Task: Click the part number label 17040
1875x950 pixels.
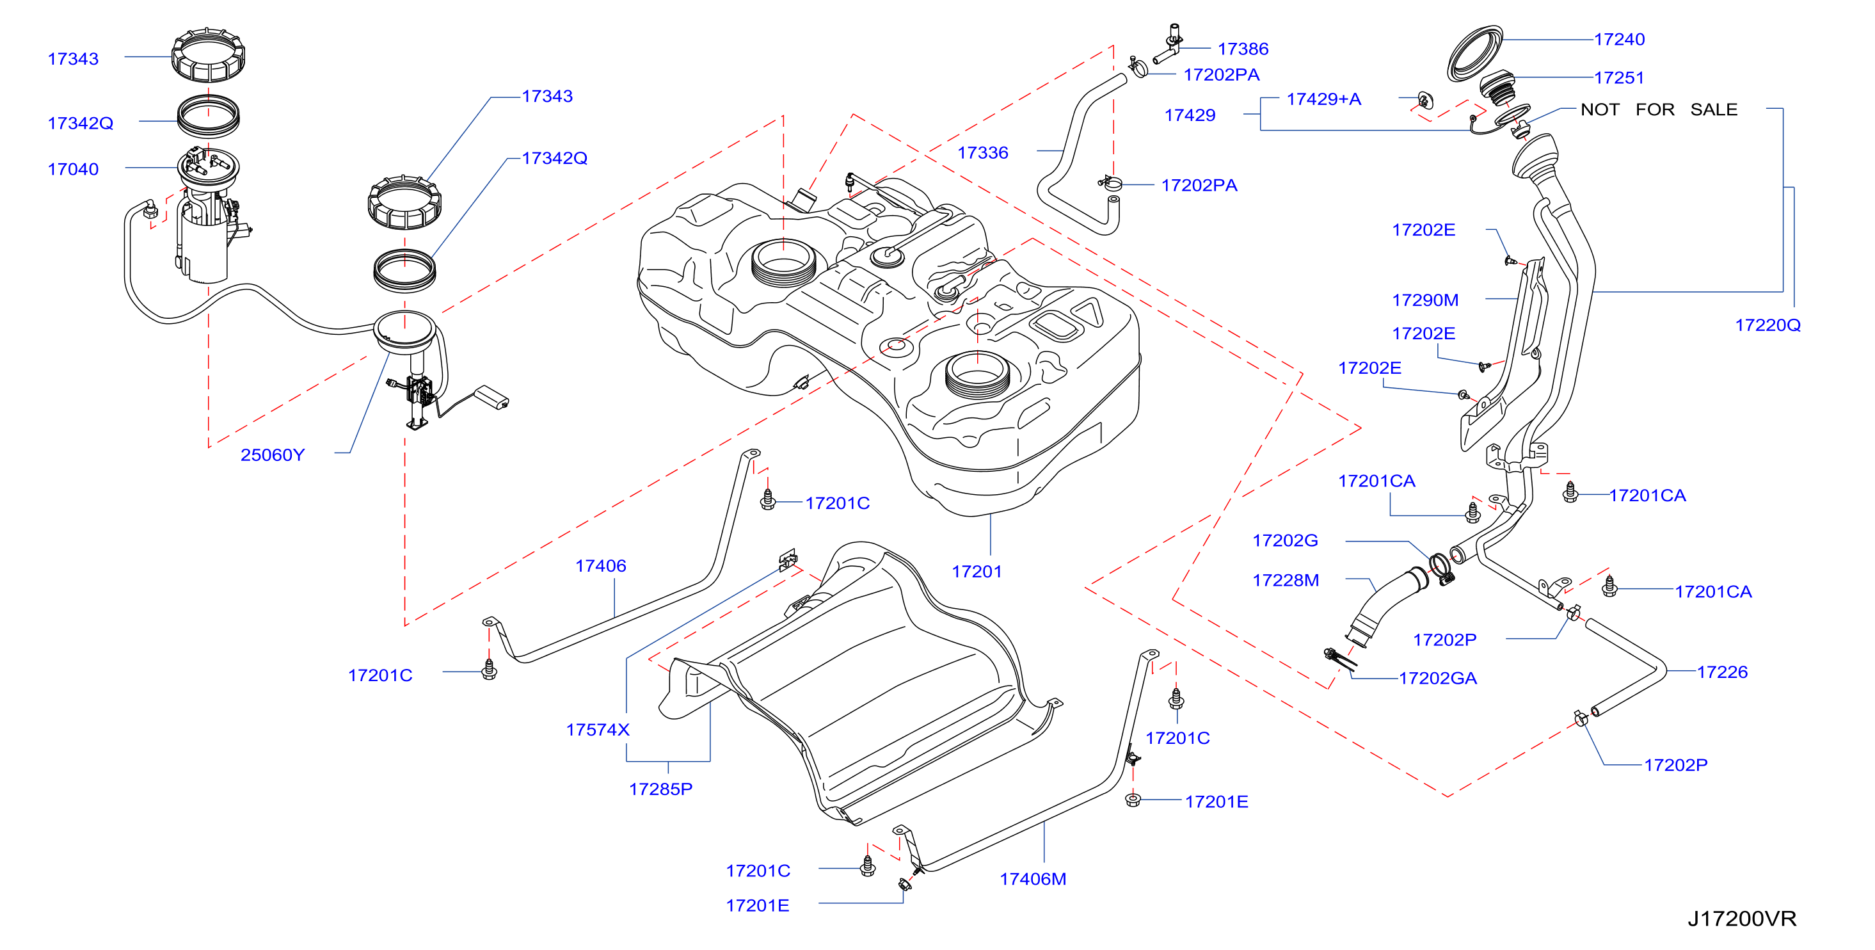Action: pos(73,169)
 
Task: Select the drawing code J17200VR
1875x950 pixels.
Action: pos(1742,919)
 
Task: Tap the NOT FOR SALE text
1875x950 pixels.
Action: pos(1659,109)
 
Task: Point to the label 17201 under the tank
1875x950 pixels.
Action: pos(977,572)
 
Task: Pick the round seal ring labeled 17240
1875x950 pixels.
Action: pos(1474,53)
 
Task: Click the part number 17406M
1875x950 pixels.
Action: pos(1033,879)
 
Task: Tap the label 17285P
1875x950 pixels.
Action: pos(660,789)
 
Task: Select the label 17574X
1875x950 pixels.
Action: pos(598,729)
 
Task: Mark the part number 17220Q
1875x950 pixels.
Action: pos(1768,325)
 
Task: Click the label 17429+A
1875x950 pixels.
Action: pos(1323,99)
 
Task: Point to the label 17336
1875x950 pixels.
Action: pos(983,152)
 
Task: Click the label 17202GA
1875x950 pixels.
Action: pos(1437,679)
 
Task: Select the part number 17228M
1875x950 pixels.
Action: pos(1286,580)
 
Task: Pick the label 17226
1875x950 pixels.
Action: pos(1722,672)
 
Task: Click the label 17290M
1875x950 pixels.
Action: pos(1425,300)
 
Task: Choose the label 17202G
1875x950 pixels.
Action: pos(1285,540)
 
